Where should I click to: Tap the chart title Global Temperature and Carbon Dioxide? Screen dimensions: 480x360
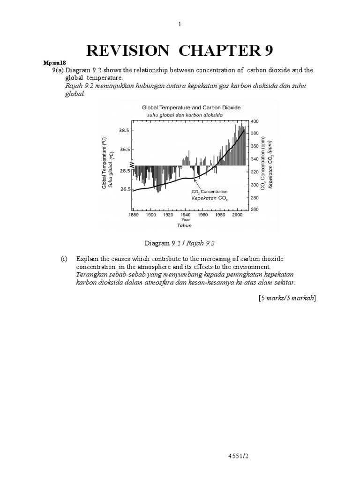(x=185, y=107)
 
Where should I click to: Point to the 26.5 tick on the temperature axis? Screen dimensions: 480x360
(x=123, y=189)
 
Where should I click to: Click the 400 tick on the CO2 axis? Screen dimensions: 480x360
(x=255, y=121)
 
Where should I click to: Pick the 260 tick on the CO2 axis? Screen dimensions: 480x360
(x=255, y=209)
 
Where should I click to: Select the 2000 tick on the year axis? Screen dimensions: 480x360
(x=237, y=215)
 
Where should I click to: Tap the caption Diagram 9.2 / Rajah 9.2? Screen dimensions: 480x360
(x=180, y=243)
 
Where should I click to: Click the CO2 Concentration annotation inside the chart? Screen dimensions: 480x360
(x=210, y=192)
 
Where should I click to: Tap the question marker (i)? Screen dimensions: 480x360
(x=64, y=259)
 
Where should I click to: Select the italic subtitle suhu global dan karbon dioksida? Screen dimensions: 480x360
(x=185, y=114)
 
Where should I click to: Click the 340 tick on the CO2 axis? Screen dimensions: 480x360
(x=255, y=159)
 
